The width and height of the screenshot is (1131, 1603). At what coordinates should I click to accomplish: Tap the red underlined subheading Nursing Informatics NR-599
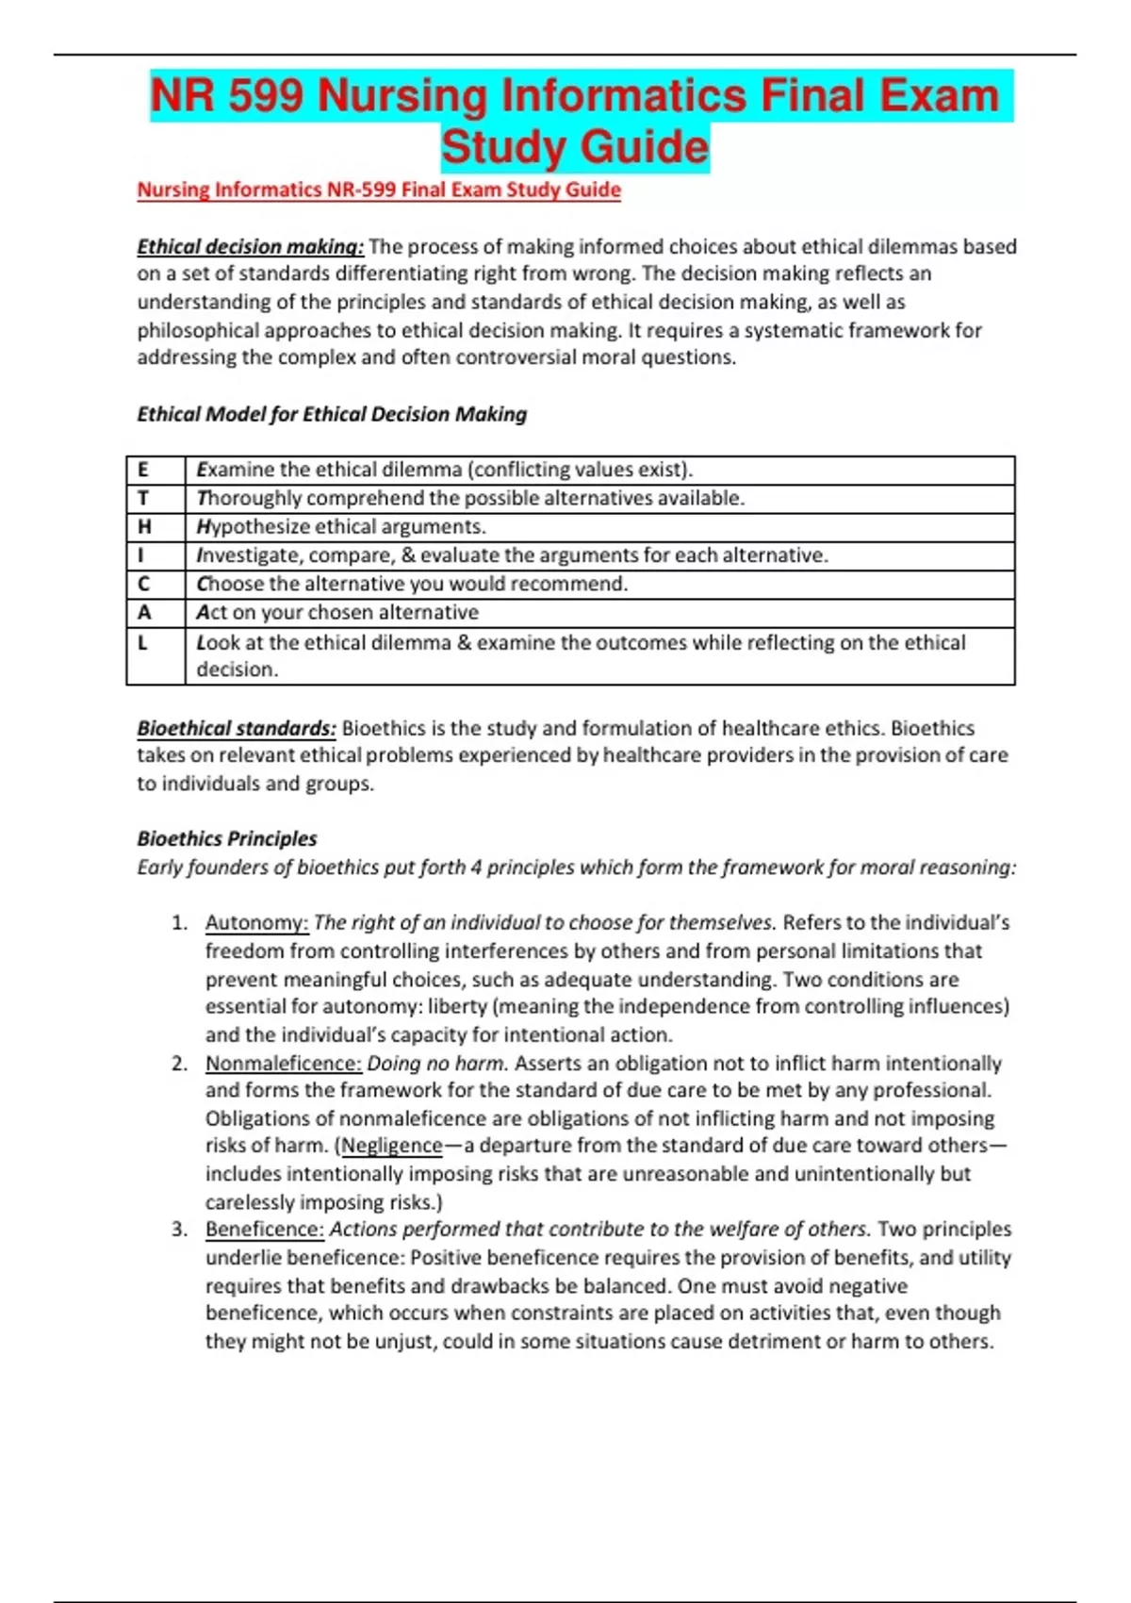pyautogui.click(x=378, y=190)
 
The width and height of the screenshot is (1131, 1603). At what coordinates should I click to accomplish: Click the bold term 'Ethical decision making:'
pyautogui.click(x=250, y=247)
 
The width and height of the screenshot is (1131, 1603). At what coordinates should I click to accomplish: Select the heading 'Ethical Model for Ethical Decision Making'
pyautogui.click(x=332, y=414)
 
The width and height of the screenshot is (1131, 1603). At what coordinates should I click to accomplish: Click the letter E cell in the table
pyautogui.click(x=143, y=470)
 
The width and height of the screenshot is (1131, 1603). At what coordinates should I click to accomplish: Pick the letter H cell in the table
pyautogui.click(x=144, y=526)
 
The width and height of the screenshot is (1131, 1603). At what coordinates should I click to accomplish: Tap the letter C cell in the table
pyautogui.click(x=143, y=584)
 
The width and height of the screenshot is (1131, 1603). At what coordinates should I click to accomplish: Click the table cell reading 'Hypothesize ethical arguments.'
pyautogui.click(x=341, y=526)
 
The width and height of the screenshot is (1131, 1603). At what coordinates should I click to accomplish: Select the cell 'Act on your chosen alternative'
pyautogui.click(x=337, y=612)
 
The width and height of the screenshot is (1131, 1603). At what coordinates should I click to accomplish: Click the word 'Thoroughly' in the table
pyautogui.click(x=249, y=498)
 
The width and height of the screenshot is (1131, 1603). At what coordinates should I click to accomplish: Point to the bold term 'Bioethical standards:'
pyautogui.click(x=237, y=728)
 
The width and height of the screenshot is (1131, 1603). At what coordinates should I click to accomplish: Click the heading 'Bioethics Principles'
pyautogui.click(x=227, y=838)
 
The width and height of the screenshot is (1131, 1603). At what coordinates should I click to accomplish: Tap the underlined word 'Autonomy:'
pyautogui.click(x=256, y=922)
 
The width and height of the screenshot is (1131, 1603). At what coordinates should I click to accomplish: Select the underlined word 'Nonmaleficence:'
pyautogui.click(x=283, y=1063)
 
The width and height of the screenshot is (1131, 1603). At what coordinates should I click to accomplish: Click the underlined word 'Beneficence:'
pyautogui.click(x=265, y=1229)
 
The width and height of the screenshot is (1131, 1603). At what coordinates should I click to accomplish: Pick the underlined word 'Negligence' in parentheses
pyautogui.click(x=391, y=1146)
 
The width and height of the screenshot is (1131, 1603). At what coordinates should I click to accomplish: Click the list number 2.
pyautogui.click(x=179, y=1063)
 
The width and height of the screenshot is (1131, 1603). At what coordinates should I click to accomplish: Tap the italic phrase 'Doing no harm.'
pyautogui.click(x=437, y=1063)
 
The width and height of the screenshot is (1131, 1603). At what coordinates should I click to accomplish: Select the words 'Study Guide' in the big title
pyautogui.click(x=575, y=147)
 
